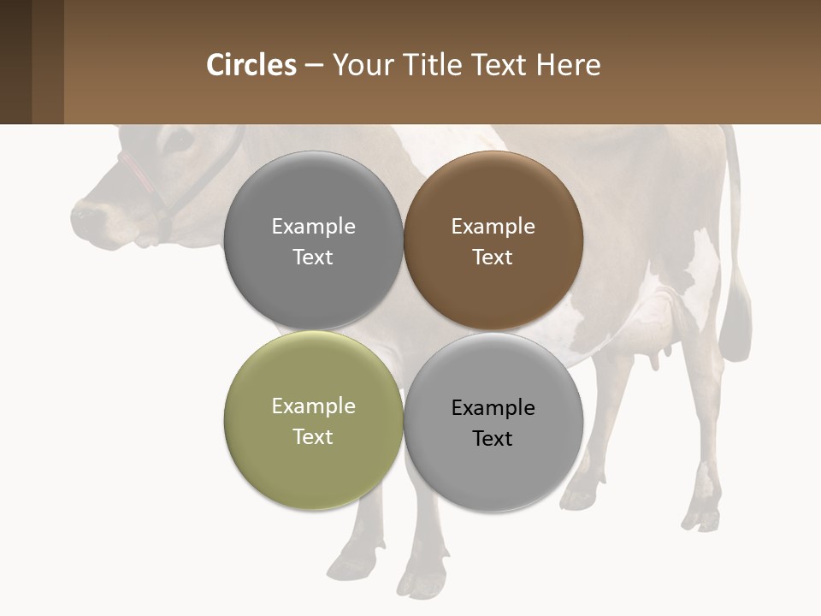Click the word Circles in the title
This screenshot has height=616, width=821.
point(251,65)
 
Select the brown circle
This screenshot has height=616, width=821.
point(493,240)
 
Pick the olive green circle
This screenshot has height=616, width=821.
point(313,420)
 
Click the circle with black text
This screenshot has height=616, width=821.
point(493,422)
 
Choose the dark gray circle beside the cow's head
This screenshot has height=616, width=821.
point(313,240)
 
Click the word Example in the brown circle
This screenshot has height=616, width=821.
point(493,227)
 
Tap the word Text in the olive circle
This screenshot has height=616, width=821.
point(313,436)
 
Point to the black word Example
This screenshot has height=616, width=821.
point(493,407)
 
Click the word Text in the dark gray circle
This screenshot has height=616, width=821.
point(313,257)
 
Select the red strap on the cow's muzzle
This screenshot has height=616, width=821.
point(137,171)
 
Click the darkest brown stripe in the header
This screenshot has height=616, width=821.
point(15,62)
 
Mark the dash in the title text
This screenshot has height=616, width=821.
point(314,65)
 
